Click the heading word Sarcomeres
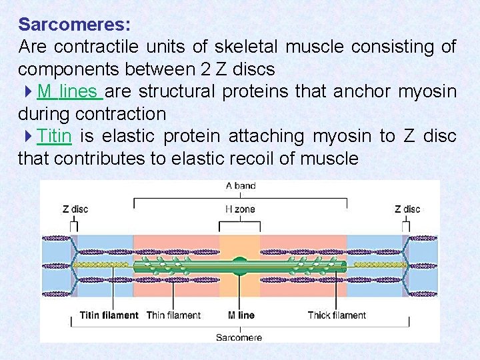pyautogui.click(x=75, y=25)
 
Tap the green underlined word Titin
pyautogui.click(x=54, y=137)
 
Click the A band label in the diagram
pyautogui.click(x=240, y=186)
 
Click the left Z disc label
pyautogui.click(x=75, y=209)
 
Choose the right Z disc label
pyautogui.click(x=407, y=209)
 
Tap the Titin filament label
pyautogui.click(x=109, y=315)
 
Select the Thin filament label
pyautogui.click(x=173, y=315)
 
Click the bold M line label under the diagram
pyautogui.click(x=241, y=315)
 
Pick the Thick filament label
pyautogui.click(x=337, y=315)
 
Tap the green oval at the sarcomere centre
pyautogui.click(x=240, y=265)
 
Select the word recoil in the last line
pyautogui.click(x=275, y=159)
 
